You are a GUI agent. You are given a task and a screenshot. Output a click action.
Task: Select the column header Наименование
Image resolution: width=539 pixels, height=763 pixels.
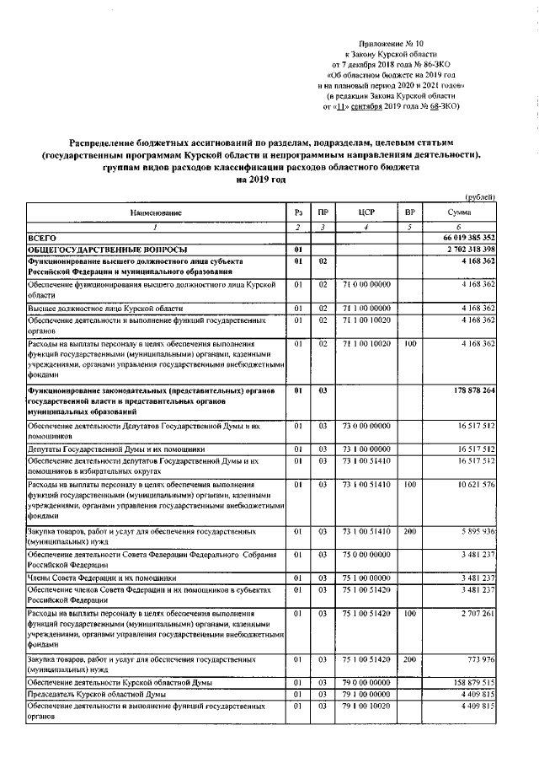point(156,213)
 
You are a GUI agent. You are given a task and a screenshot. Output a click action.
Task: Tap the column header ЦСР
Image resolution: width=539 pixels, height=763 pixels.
point(365,213)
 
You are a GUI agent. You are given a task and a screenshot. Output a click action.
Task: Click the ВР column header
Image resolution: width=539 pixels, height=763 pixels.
point(410,213)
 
